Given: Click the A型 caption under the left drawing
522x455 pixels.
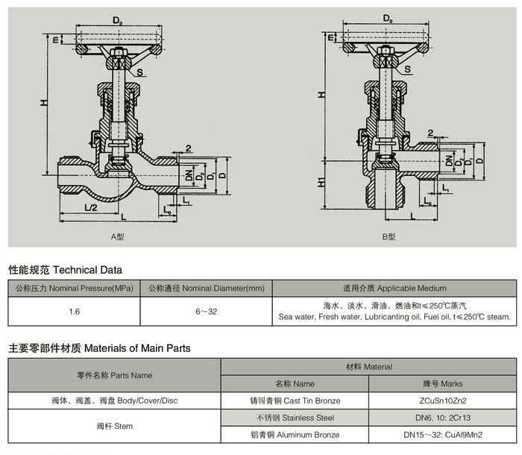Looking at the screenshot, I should (x=117, y=236).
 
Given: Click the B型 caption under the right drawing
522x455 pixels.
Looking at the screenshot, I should (x=389, y=236).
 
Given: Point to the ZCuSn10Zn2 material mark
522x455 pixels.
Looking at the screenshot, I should (x=452, y=401).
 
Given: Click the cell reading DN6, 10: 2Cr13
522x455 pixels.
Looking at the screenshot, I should (x=452, y=418).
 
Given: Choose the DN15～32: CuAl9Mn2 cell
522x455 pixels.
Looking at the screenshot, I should (x=452, y=435).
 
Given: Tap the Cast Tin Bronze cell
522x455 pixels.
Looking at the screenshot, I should (x=294, y=401).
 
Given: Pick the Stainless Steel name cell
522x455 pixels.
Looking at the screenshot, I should (x=294, y=418).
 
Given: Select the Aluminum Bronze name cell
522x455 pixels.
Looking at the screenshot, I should (x=294, y=435).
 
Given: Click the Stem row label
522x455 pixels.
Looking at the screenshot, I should (x=114, y=426).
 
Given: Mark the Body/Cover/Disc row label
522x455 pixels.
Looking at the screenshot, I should (x=114, y=401).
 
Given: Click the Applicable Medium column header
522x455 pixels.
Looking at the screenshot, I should (x=394, y=288).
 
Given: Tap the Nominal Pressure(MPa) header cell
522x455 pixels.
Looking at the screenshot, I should (x=74, y=288).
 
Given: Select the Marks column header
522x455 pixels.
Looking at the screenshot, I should (x=452, y=383).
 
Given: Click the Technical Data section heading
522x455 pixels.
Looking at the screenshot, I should (x=65, y=269).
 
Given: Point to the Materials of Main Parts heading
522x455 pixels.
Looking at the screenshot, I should (x=99, y=348).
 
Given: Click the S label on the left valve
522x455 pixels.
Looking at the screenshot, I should (x=139, y=72).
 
